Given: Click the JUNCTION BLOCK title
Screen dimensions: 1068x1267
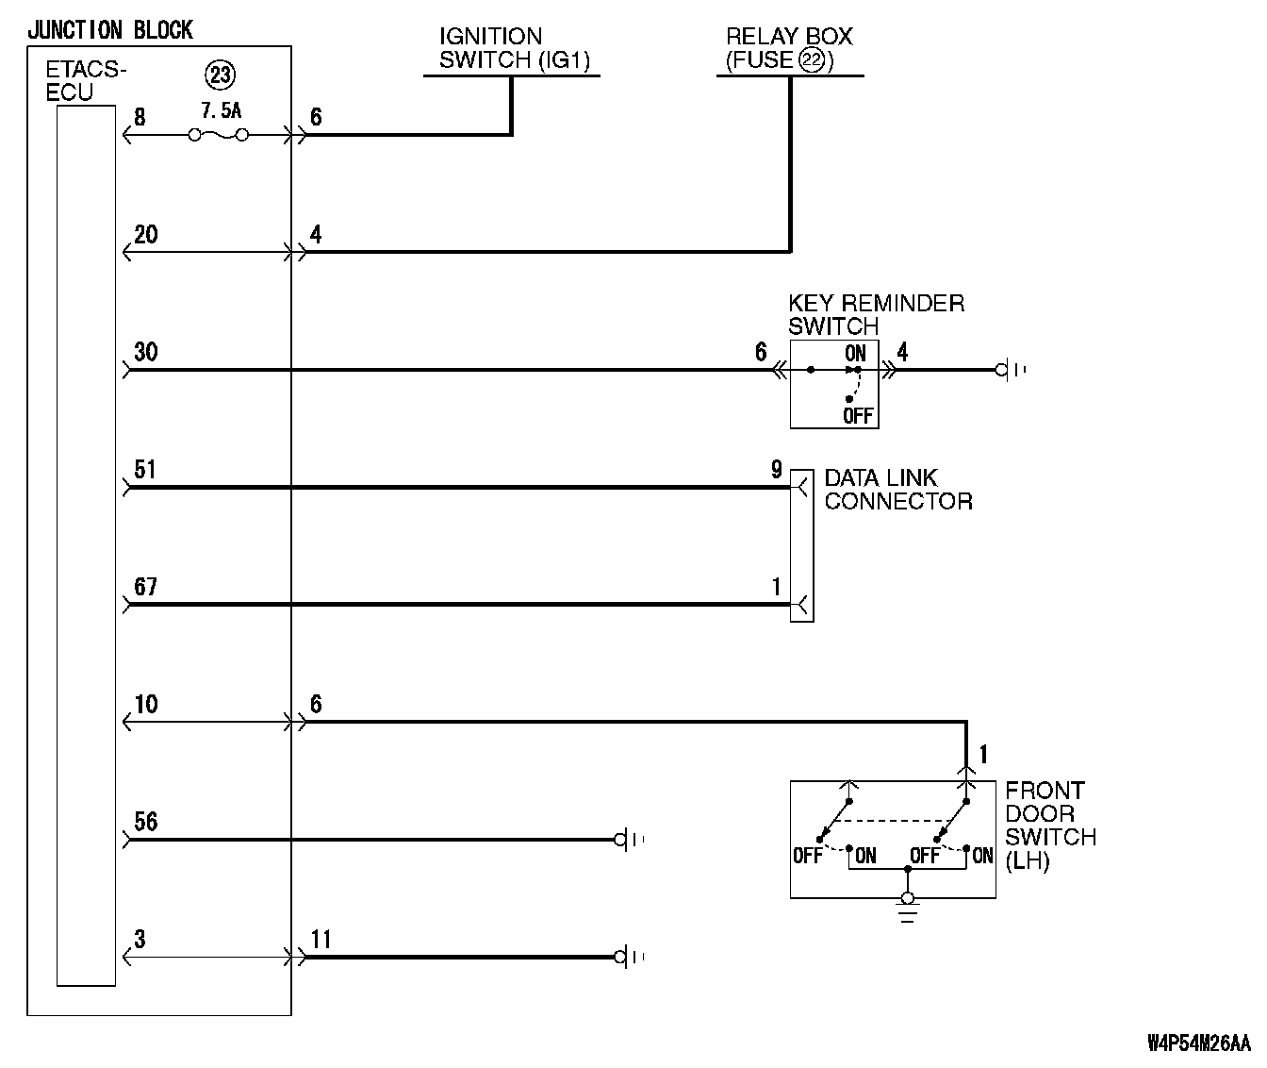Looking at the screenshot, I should (109, 30).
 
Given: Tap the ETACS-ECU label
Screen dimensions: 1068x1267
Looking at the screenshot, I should (85, 81).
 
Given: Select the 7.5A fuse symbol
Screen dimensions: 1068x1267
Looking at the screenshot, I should (219, 135).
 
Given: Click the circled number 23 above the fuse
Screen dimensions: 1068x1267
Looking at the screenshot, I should (220, 75).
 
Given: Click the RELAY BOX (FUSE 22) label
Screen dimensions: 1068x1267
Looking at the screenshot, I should (789, 49).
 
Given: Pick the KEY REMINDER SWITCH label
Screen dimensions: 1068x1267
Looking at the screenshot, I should (876, 315).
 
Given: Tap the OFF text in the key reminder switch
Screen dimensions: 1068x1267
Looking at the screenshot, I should (858, 415).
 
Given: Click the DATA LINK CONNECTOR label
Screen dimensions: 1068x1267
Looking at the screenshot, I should (897, 489).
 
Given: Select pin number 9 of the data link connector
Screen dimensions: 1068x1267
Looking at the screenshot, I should (776, 469).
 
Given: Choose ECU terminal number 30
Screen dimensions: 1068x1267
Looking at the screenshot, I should (146, 353).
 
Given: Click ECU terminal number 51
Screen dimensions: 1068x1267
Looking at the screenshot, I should (144, 470).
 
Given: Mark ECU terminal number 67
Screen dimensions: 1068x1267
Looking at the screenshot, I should (145, 587).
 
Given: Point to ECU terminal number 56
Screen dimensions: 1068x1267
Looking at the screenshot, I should (146, 822).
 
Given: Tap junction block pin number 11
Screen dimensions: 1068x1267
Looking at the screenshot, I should (321, 940).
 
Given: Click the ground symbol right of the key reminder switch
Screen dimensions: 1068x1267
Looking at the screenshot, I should (1010, 370).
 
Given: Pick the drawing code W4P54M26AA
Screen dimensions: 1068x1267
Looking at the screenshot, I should (1198, 1043).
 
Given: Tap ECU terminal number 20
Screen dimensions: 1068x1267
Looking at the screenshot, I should (146, 235).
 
